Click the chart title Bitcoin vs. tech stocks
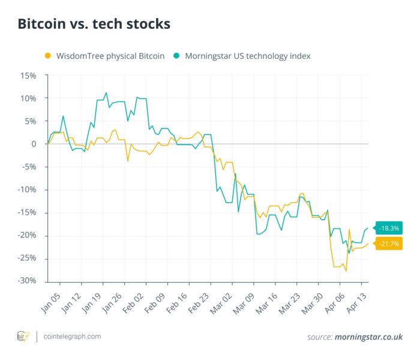tap(94, 24)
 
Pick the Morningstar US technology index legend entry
tap(247, 56)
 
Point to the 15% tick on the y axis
tap(28, 76)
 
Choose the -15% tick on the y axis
tap(27, 212)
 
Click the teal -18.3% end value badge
tap(389, 228)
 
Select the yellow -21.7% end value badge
tap(389, 244)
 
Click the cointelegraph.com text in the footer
tap(72, 337)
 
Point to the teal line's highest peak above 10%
tap(106, 93)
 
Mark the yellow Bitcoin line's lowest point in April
tap(346, 271)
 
